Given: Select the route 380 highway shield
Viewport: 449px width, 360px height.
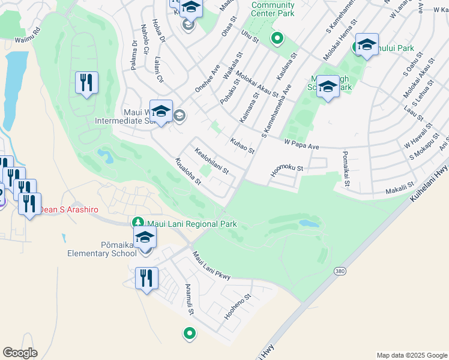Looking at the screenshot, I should [340, 271].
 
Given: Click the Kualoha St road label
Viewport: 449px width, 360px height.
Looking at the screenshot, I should [187, 172].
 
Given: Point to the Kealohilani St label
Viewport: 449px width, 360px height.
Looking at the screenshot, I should [211, 160].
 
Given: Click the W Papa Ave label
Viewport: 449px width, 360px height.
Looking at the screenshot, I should [301, 144].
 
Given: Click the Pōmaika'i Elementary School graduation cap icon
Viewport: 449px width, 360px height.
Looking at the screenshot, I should [145, 238].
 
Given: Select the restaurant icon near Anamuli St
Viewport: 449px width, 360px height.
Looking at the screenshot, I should [146, 278].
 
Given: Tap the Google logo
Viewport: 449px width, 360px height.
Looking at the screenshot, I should [20, 353].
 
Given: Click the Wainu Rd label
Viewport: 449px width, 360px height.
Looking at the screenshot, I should [27, 35].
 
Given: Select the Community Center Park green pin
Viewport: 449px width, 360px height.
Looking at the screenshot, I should [277, 40].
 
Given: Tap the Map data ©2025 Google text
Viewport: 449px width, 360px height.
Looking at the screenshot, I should [411, 355].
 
